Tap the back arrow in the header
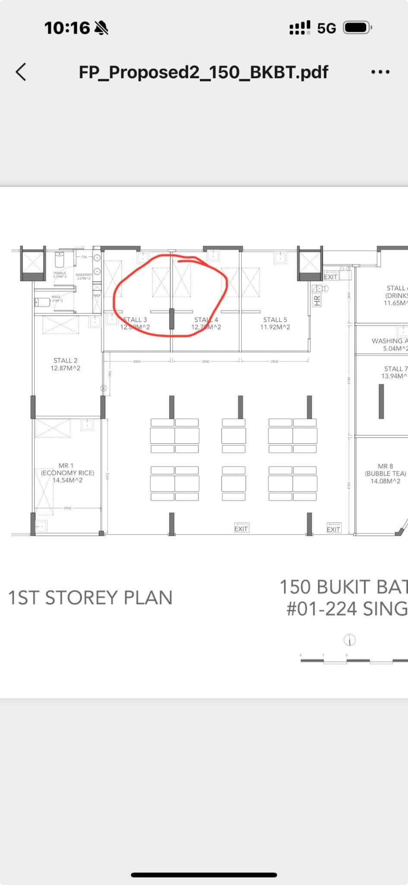[x=21, y=72]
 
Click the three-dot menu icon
[x=380, y=72]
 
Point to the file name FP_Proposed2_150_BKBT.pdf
[x=203, y=72]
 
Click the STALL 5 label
[x=275, y=320]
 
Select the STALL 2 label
[x=66, y=360]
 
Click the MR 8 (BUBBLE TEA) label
[x=385, y=470]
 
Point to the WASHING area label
[x=389, y=341]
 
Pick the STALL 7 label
[x=395, y=369]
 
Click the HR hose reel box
[x=317, y=299]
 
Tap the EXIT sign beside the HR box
[x=331, y=277]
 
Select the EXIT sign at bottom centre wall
[x=241, y=528]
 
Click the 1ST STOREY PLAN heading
[x=90, y=598]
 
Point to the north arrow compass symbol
[x=349, y=640]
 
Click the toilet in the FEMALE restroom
[x=60, y=260]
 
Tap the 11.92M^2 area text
[x=275, y=327]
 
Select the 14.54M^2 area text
[x=67, y=480]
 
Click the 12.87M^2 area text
[x=66, y=368]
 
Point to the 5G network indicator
[x=326, y=29]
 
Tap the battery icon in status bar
[x=357, y=28]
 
